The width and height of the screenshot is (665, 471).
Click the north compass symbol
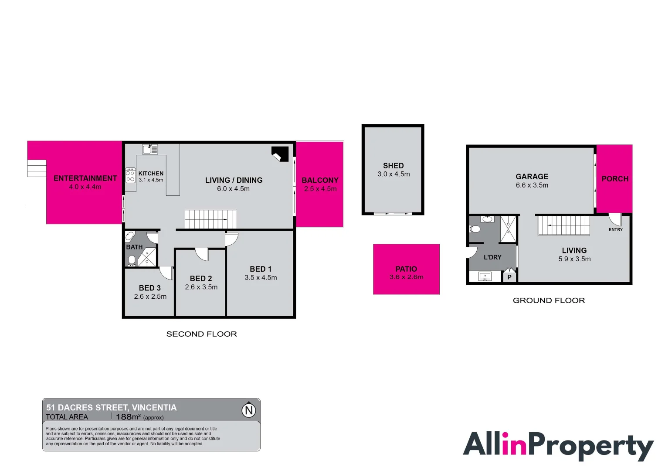(x=249, y=410)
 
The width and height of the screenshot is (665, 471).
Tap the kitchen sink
(x=150, y=149)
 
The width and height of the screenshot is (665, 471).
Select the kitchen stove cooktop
(x=130, y=176)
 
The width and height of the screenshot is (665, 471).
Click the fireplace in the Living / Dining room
(x=280, y=154)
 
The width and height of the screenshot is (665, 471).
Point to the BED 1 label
(x=261, y=269)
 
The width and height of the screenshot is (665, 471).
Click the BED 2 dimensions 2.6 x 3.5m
(x=201, y=287)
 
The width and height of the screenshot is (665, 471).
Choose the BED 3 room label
(x=150, y=288)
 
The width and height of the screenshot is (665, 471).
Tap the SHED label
(x=393, y=166)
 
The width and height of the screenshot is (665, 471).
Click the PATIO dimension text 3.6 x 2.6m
(x=406, y=277)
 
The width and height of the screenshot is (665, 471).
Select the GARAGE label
(x=532, y=177)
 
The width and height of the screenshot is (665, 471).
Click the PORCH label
(x=615, y=179)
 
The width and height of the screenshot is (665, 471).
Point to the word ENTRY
(x=615, y=229)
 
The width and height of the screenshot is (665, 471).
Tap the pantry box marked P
(x=509, y=277)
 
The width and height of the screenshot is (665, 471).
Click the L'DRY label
(x=492, y=257)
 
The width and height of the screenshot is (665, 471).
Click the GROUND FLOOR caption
(x=549, y=300)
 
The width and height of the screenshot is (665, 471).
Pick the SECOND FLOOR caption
(x=201, y=334)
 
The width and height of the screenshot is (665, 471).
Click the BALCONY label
(x=320, y=180)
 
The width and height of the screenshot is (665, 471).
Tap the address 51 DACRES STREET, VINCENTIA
(x=112, y=407)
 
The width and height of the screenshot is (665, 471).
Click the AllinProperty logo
(x=558, y=446)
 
